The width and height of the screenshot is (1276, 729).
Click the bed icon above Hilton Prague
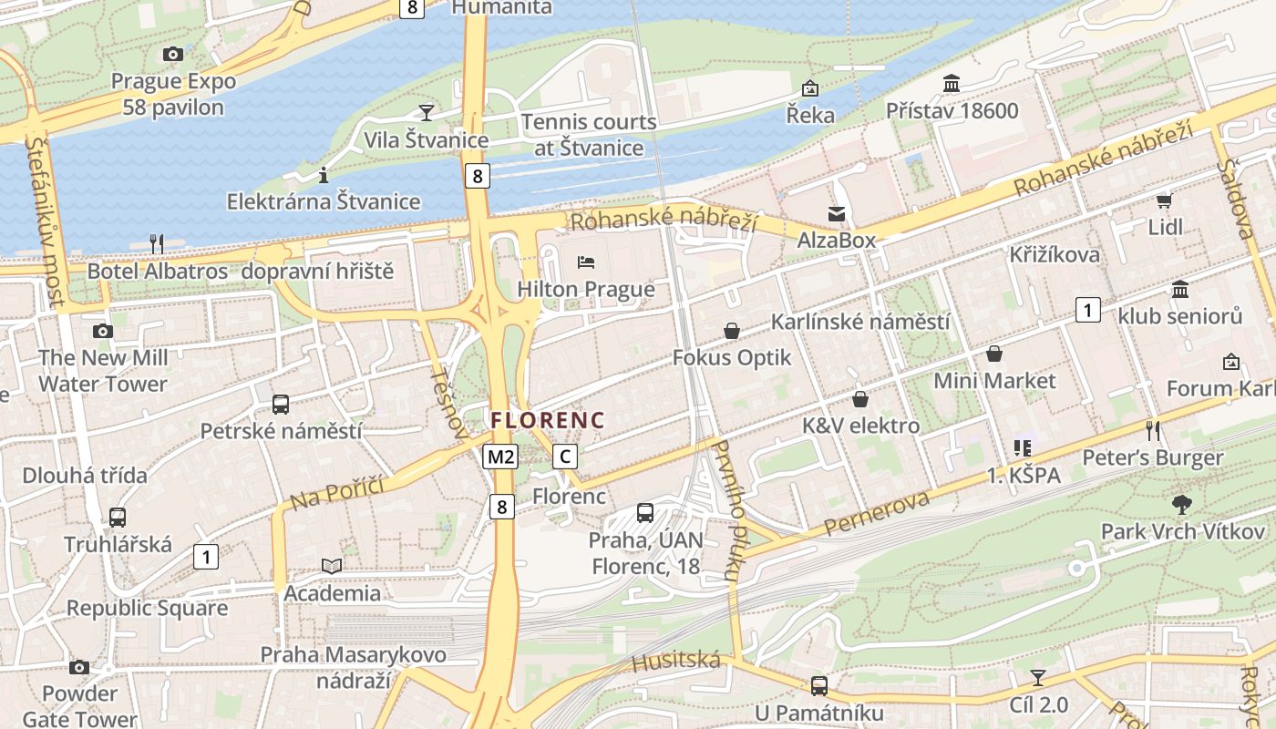point(586,262)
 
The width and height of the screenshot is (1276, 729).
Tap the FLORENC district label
point(548,420)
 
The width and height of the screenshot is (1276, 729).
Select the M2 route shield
point(500,457)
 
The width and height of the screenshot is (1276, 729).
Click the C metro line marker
point(565,457)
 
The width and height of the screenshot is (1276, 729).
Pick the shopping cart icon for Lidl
point(1164,200)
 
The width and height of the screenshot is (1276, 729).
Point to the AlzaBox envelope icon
point(836,214)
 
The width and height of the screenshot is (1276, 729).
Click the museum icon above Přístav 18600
point(952,84)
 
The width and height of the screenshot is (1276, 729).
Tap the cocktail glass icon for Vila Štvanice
point(426,112)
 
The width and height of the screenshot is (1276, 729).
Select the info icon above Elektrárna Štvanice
point(323,174)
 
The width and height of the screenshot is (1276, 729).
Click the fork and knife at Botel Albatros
point(157,243)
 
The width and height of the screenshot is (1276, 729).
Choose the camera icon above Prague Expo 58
point(172,55)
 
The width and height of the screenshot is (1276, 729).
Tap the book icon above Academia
point(332,566)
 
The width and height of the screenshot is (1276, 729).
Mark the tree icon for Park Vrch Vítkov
point(1182,503)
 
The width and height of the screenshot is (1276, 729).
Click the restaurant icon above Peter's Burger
point(1153,430)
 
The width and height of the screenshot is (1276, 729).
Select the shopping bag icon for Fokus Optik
point(731,331)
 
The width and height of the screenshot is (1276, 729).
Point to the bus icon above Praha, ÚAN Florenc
point(645,512)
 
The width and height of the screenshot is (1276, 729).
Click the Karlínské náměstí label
point(859,322)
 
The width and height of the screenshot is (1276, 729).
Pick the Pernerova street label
point(877,513)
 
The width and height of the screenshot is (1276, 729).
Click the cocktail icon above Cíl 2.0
point(1037,677)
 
